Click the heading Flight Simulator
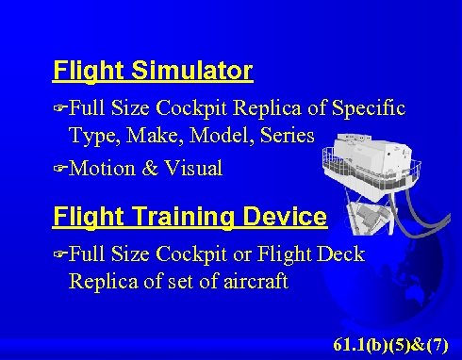[x=153, y=71]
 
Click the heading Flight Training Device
[x=190, y=218]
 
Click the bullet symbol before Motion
[x=60, y=170]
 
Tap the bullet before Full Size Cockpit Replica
[x=60, y=109]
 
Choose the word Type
[x=91, y=136]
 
